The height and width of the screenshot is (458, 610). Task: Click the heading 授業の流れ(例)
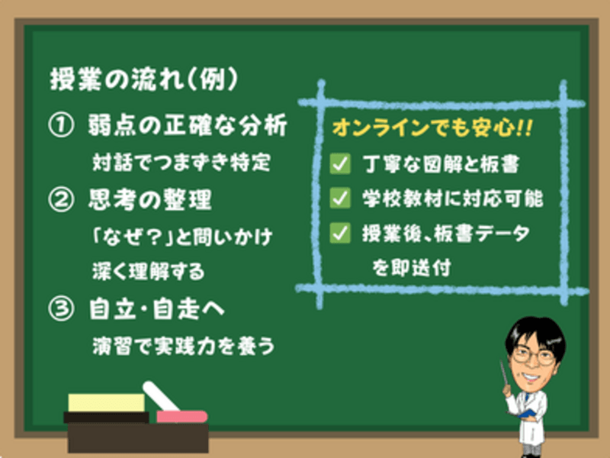click(143, 79)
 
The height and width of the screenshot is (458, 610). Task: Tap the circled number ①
click(61, 125)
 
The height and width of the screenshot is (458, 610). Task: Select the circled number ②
click(61, 199)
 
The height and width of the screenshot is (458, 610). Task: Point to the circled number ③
click(61, 309)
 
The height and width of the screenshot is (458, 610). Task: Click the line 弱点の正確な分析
click(188, 125)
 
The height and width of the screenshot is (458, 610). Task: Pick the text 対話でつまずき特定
click(181, 163)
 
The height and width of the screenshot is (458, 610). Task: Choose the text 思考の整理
click(150, 199)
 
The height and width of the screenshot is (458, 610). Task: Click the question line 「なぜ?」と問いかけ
click(181, 237)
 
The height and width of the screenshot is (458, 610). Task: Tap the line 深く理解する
click(148, 272)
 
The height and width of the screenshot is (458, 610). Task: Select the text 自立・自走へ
click(157, 309)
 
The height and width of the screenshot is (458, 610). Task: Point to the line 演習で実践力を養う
click(183, 346)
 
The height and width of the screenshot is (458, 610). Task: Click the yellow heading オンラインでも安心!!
click(432, 127)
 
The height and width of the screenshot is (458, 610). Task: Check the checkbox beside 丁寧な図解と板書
click(340, 163)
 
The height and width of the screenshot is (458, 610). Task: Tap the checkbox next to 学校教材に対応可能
click(340, 198)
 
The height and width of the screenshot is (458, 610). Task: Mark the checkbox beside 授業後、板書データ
click(340, 233)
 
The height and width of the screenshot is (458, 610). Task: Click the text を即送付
click(411, 268)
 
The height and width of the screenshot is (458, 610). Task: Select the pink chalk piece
click(181, 417)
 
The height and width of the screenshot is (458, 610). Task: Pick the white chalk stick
click(161, 396)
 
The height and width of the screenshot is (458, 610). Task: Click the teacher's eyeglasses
click(533, 356)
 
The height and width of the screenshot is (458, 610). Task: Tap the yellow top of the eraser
click(106, 403)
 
